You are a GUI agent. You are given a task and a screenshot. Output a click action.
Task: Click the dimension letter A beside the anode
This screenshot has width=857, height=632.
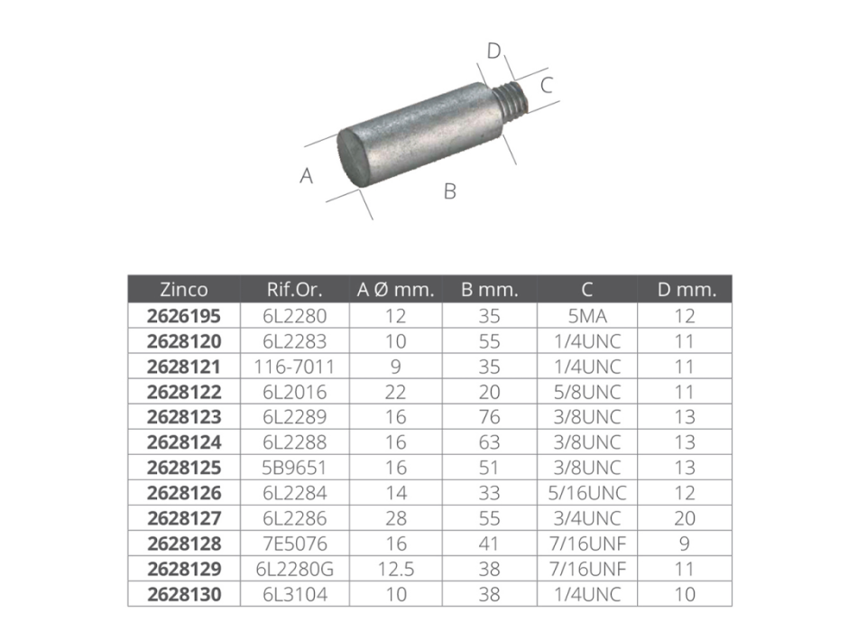pos(307,176)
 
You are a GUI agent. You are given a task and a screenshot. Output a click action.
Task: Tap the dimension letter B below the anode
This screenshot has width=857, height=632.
pos(449,191)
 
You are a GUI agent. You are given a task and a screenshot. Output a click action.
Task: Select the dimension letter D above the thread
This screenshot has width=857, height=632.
pos(493,51)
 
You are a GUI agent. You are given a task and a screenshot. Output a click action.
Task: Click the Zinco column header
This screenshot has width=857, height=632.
pos(184,290)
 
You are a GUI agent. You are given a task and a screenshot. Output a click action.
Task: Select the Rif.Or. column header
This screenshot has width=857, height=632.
pos(294,290)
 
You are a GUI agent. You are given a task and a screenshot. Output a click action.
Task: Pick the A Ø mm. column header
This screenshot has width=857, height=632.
pos(395,290)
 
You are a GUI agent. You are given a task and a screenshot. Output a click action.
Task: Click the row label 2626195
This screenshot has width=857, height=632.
pos(184,316)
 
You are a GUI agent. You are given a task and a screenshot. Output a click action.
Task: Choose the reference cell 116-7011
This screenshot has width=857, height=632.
pos(294,367)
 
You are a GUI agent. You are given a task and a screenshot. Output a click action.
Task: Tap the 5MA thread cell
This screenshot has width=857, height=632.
pos(587,316)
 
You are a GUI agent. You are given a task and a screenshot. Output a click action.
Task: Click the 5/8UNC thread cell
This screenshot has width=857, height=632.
pos(587,392)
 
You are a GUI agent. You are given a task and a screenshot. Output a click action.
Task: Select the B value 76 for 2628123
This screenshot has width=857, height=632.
pos(490,417)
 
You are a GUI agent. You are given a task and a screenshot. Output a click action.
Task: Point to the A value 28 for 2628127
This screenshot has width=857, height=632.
pos(395,518)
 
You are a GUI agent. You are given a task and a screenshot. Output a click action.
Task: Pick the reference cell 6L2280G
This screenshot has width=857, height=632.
pos(294,569)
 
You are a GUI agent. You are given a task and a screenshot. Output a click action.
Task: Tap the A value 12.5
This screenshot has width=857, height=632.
pos(395,569)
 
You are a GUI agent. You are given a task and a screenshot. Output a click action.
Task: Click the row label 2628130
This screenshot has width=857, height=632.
pos(184,594)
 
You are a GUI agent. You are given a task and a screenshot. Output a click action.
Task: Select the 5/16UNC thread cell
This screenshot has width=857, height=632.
pos(587,493)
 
